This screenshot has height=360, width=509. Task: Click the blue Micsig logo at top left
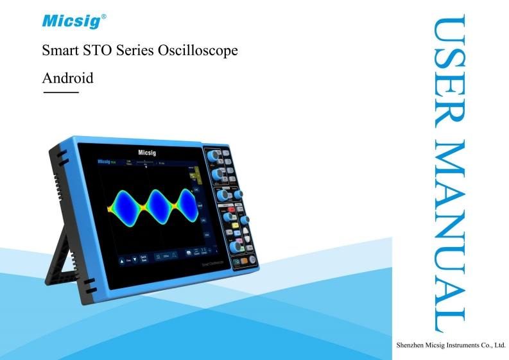(x=71, y=22)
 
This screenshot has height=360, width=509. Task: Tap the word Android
(x=67, y=78)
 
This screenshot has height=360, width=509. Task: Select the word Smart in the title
(x=60, y=51)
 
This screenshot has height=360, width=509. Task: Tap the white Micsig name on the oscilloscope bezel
(x=147, y=153)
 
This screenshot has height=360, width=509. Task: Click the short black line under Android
(x=60, y=94)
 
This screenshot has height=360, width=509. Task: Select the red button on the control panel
(x=231, y=210)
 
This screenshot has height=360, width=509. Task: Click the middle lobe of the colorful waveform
(x=155, y=206)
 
